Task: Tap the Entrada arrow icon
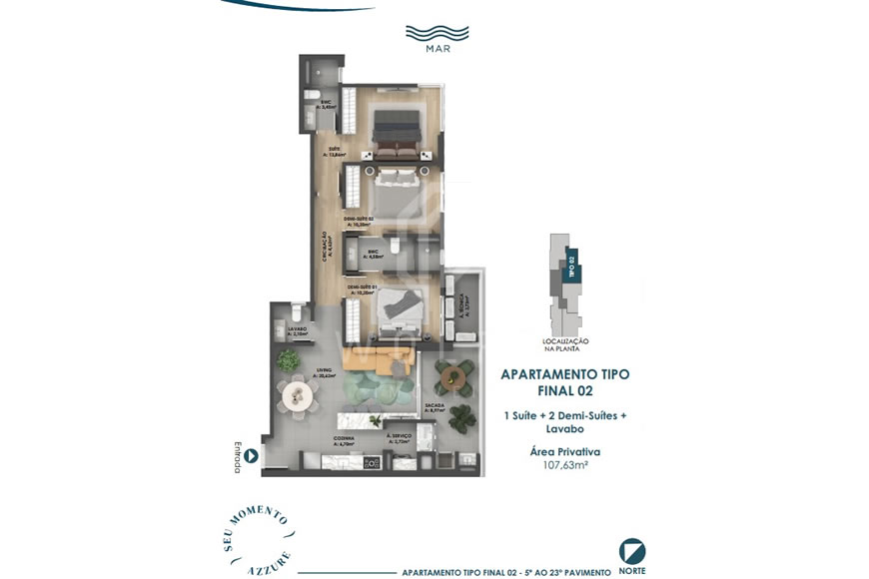coord(251,456)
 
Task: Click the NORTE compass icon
coord(631,551)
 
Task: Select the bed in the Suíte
coord(399,134)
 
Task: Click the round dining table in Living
coord(298,396)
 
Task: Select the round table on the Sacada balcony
coord(454,376)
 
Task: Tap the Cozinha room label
coord(344,439)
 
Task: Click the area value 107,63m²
coord(564,464)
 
